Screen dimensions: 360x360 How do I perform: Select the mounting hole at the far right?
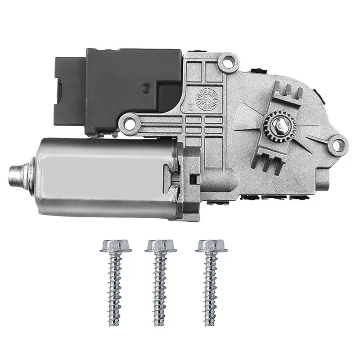tap(335, 145)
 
